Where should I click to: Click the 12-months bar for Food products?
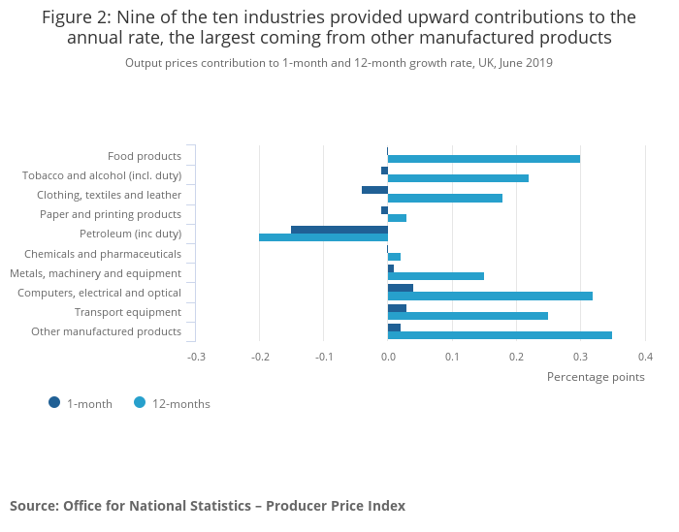[x=483, y=159]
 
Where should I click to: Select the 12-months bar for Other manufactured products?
[x=500, y=335]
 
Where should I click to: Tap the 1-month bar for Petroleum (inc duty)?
[x=339, y=230]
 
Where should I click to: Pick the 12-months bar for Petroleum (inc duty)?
[x=323, y=237]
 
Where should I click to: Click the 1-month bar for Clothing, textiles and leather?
[x=374, y=190]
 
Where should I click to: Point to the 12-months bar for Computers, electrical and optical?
[x=490, y=296]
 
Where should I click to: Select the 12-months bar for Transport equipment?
[x=468, y=316]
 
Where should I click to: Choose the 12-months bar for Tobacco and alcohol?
[x=458, y=178]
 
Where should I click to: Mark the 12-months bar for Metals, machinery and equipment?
[x=436, y=276]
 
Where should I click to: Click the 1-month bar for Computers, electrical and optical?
[x=400, y=288]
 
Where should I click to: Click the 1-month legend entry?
[x=81, y=404]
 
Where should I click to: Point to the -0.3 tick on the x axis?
[x=196, y=357]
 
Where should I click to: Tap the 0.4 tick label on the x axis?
[x=645, y=357]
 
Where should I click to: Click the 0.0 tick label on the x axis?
[x=388, y=357]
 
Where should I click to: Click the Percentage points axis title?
[x=596, y=377]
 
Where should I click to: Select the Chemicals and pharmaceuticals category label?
[x=103, y=254]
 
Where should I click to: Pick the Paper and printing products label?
[x=111, y=214]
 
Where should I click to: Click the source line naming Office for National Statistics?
[x=208, y=506]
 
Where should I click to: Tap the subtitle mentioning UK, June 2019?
[x=339, y=63]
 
